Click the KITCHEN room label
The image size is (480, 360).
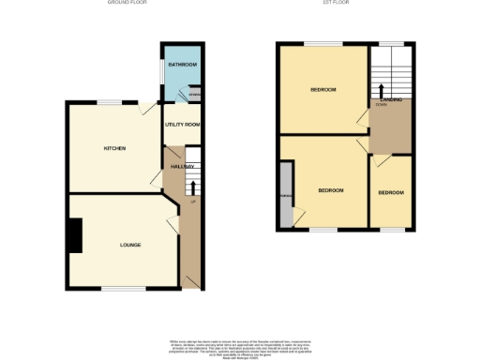point(115,148)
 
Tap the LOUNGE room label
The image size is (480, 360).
point(130,245)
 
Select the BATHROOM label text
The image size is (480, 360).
point(182,65)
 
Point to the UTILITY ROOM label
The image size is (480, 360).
point(183,125)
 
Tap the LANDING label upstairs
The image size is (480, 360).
point(392,101)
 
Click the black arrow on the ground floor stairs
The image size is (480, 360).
point(193,187)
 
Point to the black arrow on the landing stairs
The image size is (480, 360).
point(382,90)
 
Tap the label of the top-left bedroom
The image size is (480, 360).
point(323,90)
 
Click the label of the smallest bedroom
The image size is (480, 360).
point(391,192)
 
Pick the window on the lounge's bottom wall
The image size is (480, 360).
point(115,289)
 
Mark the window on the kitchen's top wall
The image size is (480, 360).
point(110,101)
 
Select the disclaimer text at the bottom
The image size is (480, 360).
point(240,344)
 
